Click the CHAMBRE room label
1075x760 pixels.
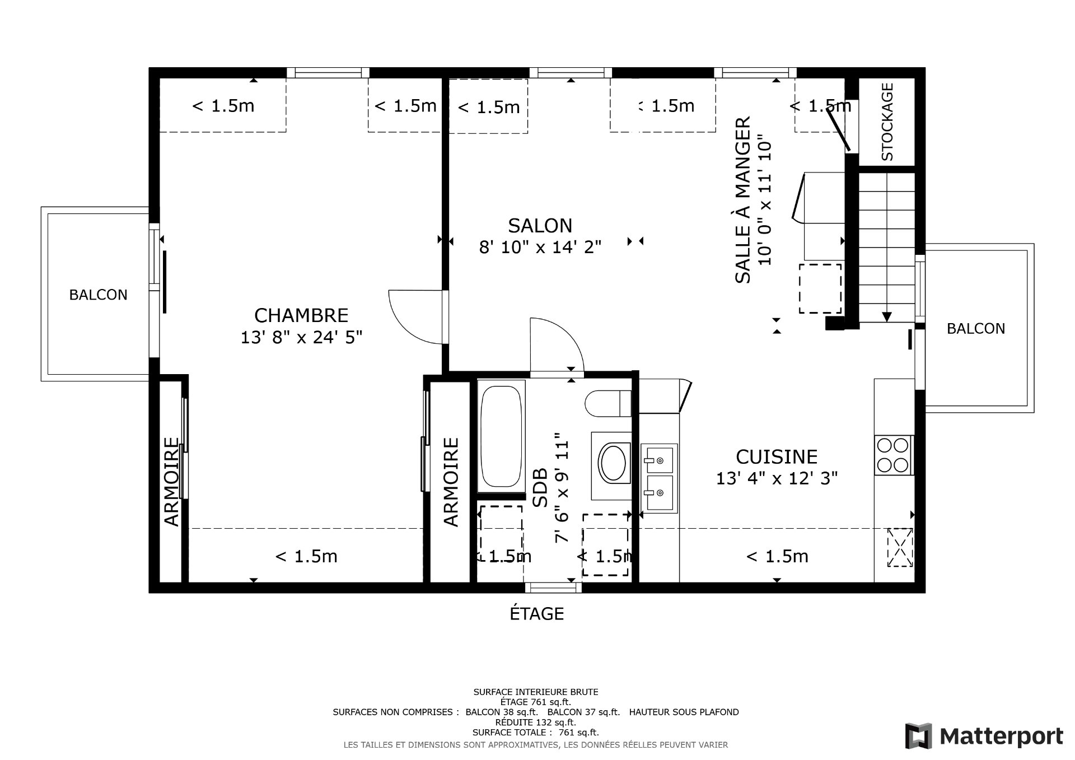pos(301,315)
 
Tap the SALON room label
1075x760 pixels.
pos(540,226)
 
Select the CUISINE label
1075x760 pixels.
pos(777,457)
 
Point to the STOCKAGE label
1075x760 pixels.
pos(887,122)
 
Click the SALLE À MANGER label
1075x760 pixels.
pos(742,200)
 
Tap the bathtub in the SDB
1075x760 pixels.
pos(501,435)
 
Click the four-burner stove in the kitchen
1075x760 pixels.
pos(893,455)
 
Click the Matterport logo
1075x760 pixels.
pos(984,736)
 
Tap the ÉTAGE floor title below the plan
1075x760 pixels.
pos(536,614)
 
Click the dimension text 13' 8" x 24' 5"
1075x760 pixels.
pos(302,337)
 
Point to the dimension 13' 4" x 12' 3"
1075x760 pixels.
pos(777,478)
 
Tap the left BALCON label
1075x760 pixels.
pos(98,295)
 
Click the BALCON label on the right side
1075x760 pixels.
pos(976,329)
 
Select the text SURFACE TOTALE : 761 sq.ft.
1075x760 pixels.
pos(536,733)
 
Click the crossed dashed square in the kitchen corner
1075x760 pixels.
pos(900,547)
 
